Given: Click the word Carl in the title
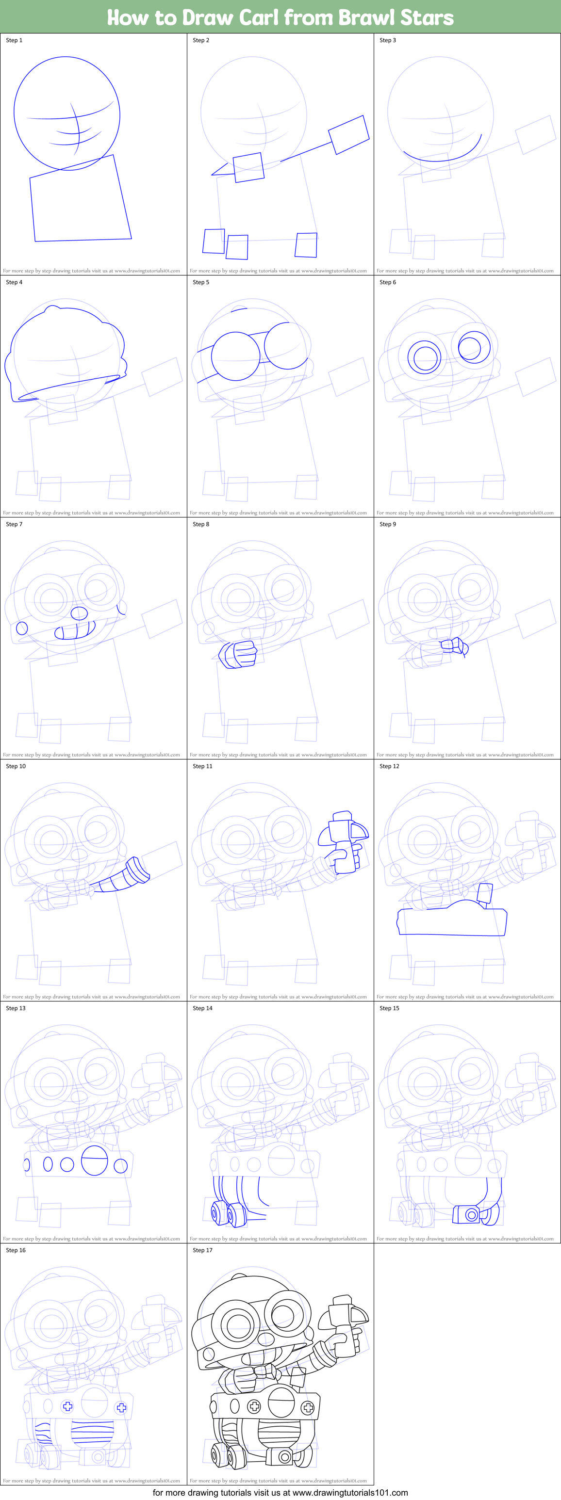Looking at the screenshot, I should [259, 17].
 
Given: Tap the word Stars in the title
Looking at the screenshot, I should [427, 17].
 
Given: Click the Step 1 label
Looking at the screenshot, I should [14, 40].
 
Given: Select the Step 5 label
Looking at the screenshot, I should [201, 282].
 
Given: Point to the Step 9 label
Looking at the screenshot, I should [388, 524].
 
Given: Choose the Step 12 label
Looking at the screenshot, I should [390, 766].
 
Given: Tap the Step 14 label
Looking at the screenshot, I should [203, 1008].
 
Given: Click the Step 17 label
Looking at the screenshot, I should [203, 1250].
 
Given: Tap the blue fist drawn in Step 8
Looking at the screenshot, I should [238, 655].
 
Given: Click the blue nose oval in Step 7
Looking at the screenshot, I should [79, 613].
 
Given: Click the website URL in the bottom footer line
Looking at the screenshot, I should [349, 1492].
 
